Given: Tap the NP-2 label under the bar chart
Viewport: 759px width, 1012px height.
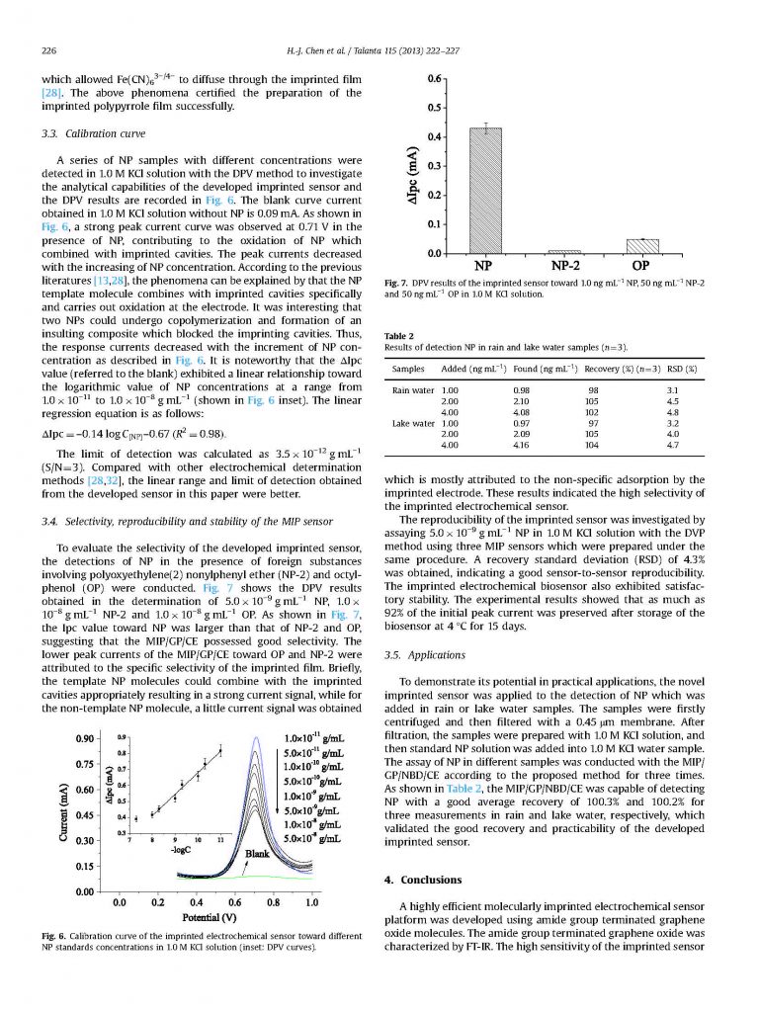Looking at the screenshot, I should click(x=563, y=266).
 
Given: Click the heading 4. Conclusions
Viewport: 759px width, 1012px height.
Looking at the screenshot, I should click(x=424, y=879).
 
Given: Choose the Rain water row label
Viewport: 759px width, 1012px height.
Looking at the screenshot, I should click(x=413, y=390).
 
